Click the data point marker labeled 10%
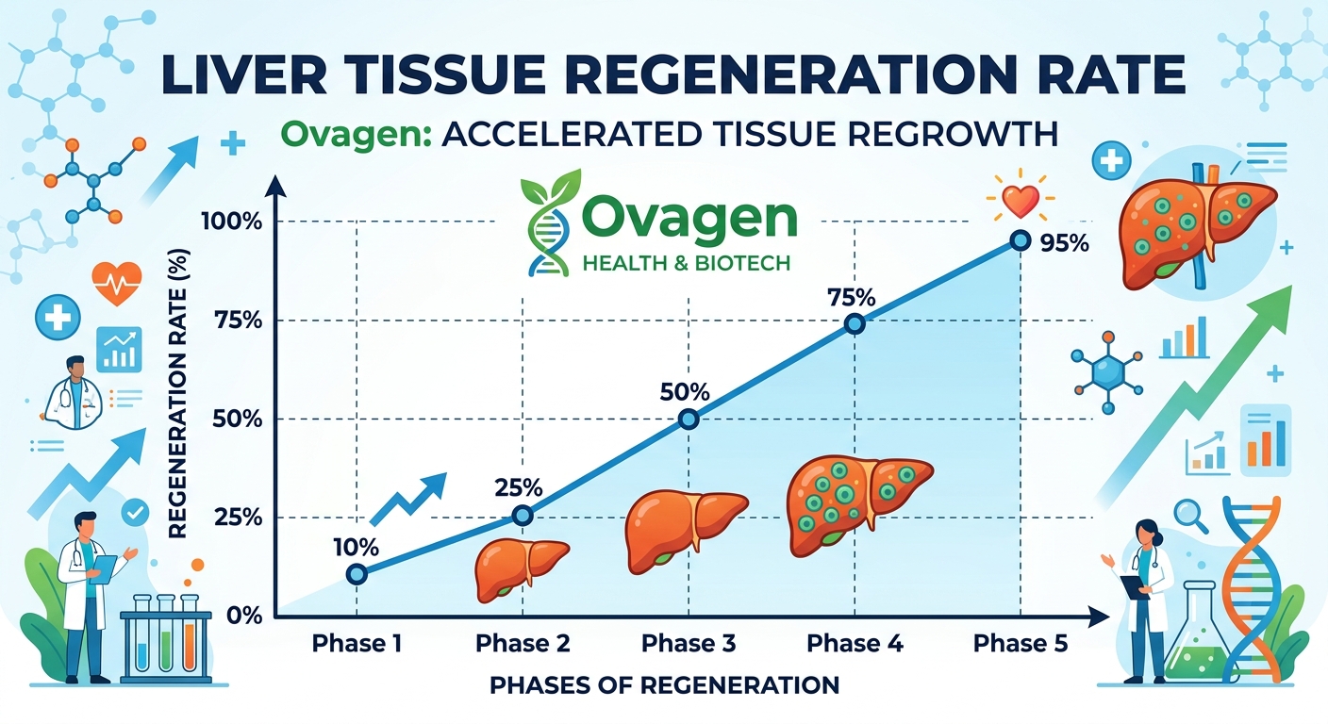356,574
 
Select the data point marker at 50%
689,420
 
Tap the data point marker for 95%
1020,240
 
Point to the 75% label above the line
853,297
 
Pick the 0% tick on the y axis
243,617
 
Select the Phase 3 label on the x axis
689,644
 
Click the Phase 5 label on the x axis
1020,644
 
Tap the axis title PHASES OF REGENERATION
664,684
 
